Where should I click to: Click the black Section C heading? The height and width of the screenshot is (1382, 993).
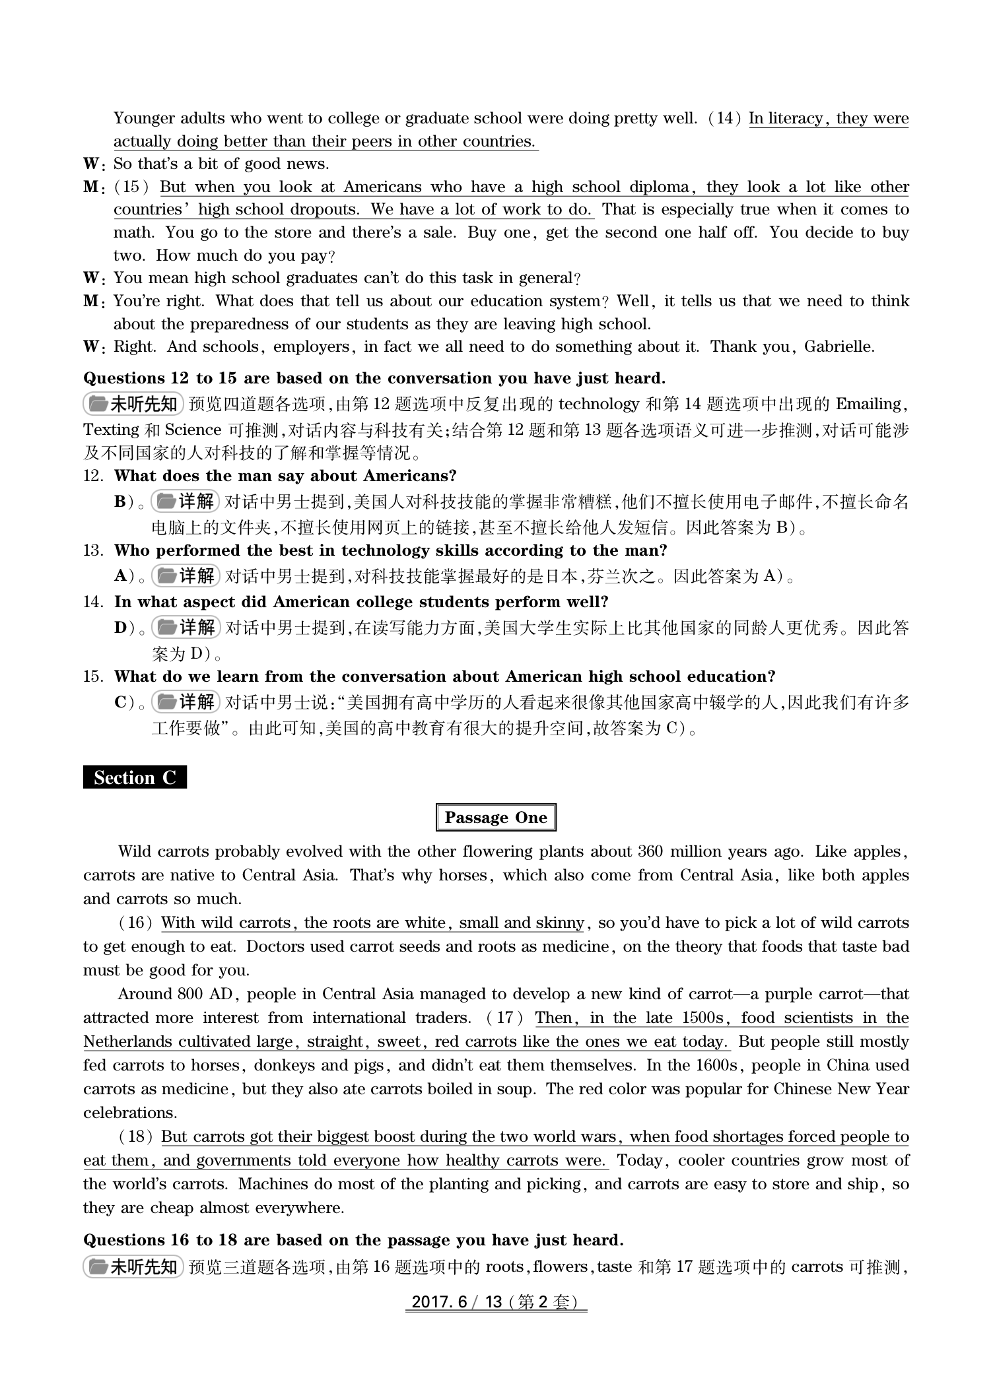pos(135,777)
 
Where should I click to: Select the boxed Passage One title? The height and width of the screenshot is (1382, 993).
pos(496,818)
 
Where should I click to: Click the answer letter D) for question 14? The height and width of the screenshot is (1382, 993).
pos(124,627)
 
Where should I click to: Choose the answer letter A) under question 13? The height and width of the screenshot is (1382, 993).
pos(124,576)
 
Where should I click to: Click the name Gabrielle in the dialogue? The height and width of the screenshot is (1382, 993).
pos(839,347)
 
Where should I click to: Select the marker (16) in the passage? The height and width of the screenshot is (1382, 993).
pos(136,923)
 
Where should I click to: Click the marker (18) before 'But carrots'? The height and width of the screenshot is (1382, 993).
pos(136,1136)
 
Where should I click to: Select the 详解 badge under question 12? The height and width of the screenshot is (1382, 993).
pos(185,502)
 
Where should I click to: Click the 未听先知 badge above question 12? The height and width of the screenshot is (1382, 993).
pos(133,404)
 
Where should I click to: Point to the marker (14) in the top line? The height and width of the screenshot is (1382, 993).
pos(725,119)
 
